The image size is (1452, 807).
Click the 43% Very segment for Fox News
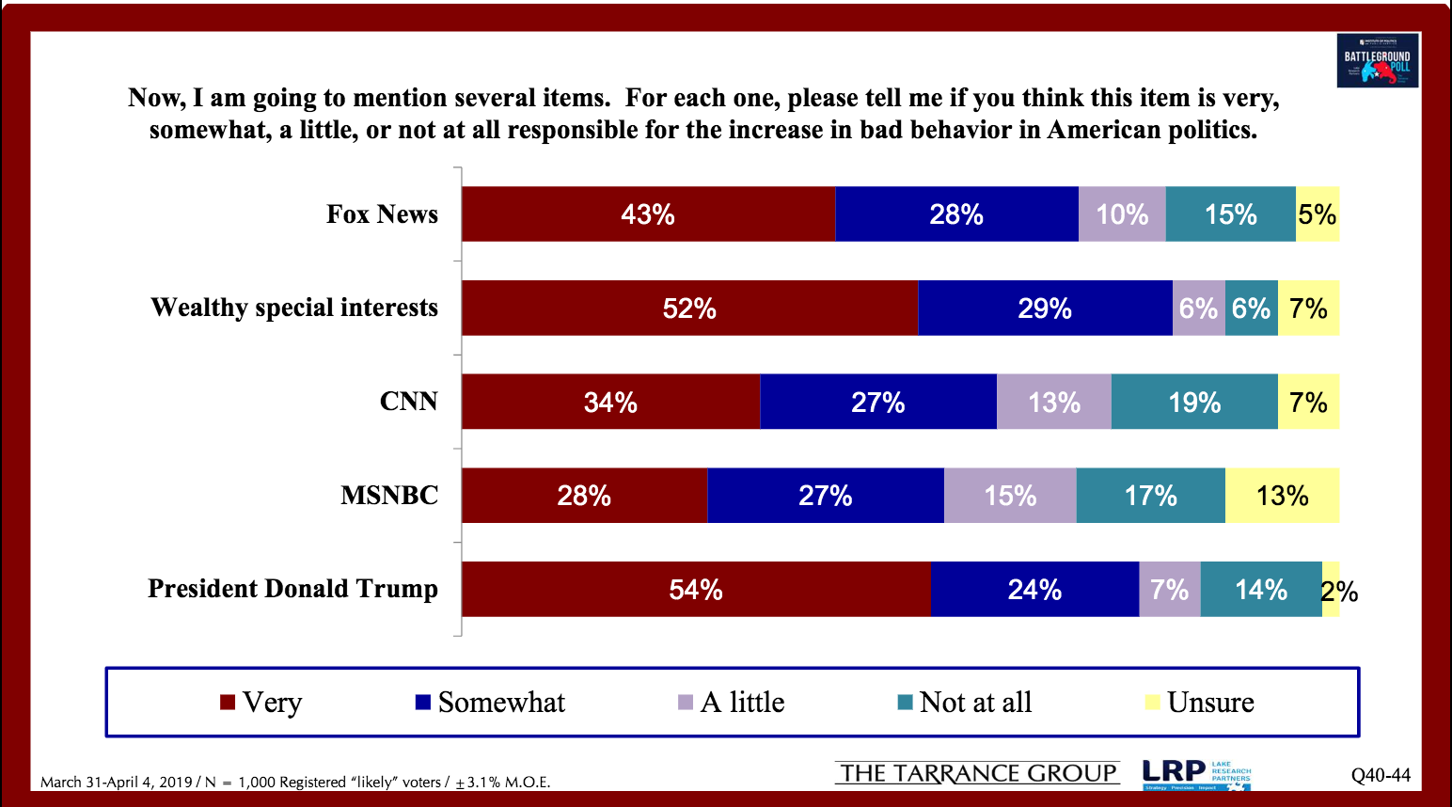pyautogui.click(x=648, y=214)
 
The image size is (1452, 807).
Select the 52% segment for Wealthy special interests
pyautogui.click(x=689, y=309)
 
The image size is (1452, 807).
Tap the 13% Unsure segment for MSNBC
pyautogui.click(x=1282, y=496)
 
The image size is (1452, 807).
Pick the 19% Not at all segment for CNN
pyautogui.click(x=1194, y=403)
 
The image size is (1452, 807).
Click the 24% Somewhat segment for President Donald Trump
pyautogui.click(x=1034, y=590)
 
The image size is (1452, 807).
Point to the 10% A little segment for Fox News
pyautogui.click(x=1122, y=214)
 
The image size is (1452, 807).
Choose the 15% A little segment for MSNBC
pyautogui.click(x=1010, y=496)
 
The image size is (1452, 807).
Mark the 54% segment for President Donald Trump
pyautogui.click(x=696, y=590)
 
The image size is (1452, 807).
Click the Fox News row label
pyautogui.click(x=382, y=214)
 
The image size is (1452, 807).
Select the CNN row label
pyautogui.click(x=408, y=402)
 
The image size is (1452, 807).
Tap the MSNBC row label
pyautogui.click(x=389, y=496)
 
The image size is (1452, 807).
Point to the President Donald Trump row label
pyautogui.click(x=292, y=589)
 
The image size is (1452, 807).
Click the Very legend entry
pyautogui.click(x=261, y=703)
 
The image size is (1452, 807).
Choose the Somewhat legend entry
pyautogui.click(x=490, y=703)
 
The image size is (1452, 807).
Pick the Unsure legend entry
pyautogui.click(x=1199, y=703)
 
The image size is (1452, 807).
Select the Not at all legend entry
pyautogui.click(x=965, y=703)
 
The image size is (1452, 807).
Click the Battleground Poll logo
pyautogui.click(x=1378, y=61)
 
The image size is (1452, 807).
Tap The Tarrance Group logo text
pyautogui.click(x=977, y=773)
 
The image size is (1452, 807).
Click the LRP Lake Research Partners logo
pyautogui.click(x=1196, y=774)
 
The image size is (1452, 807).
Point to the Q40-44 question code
pyautogui.click(x=1381, y=775)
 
